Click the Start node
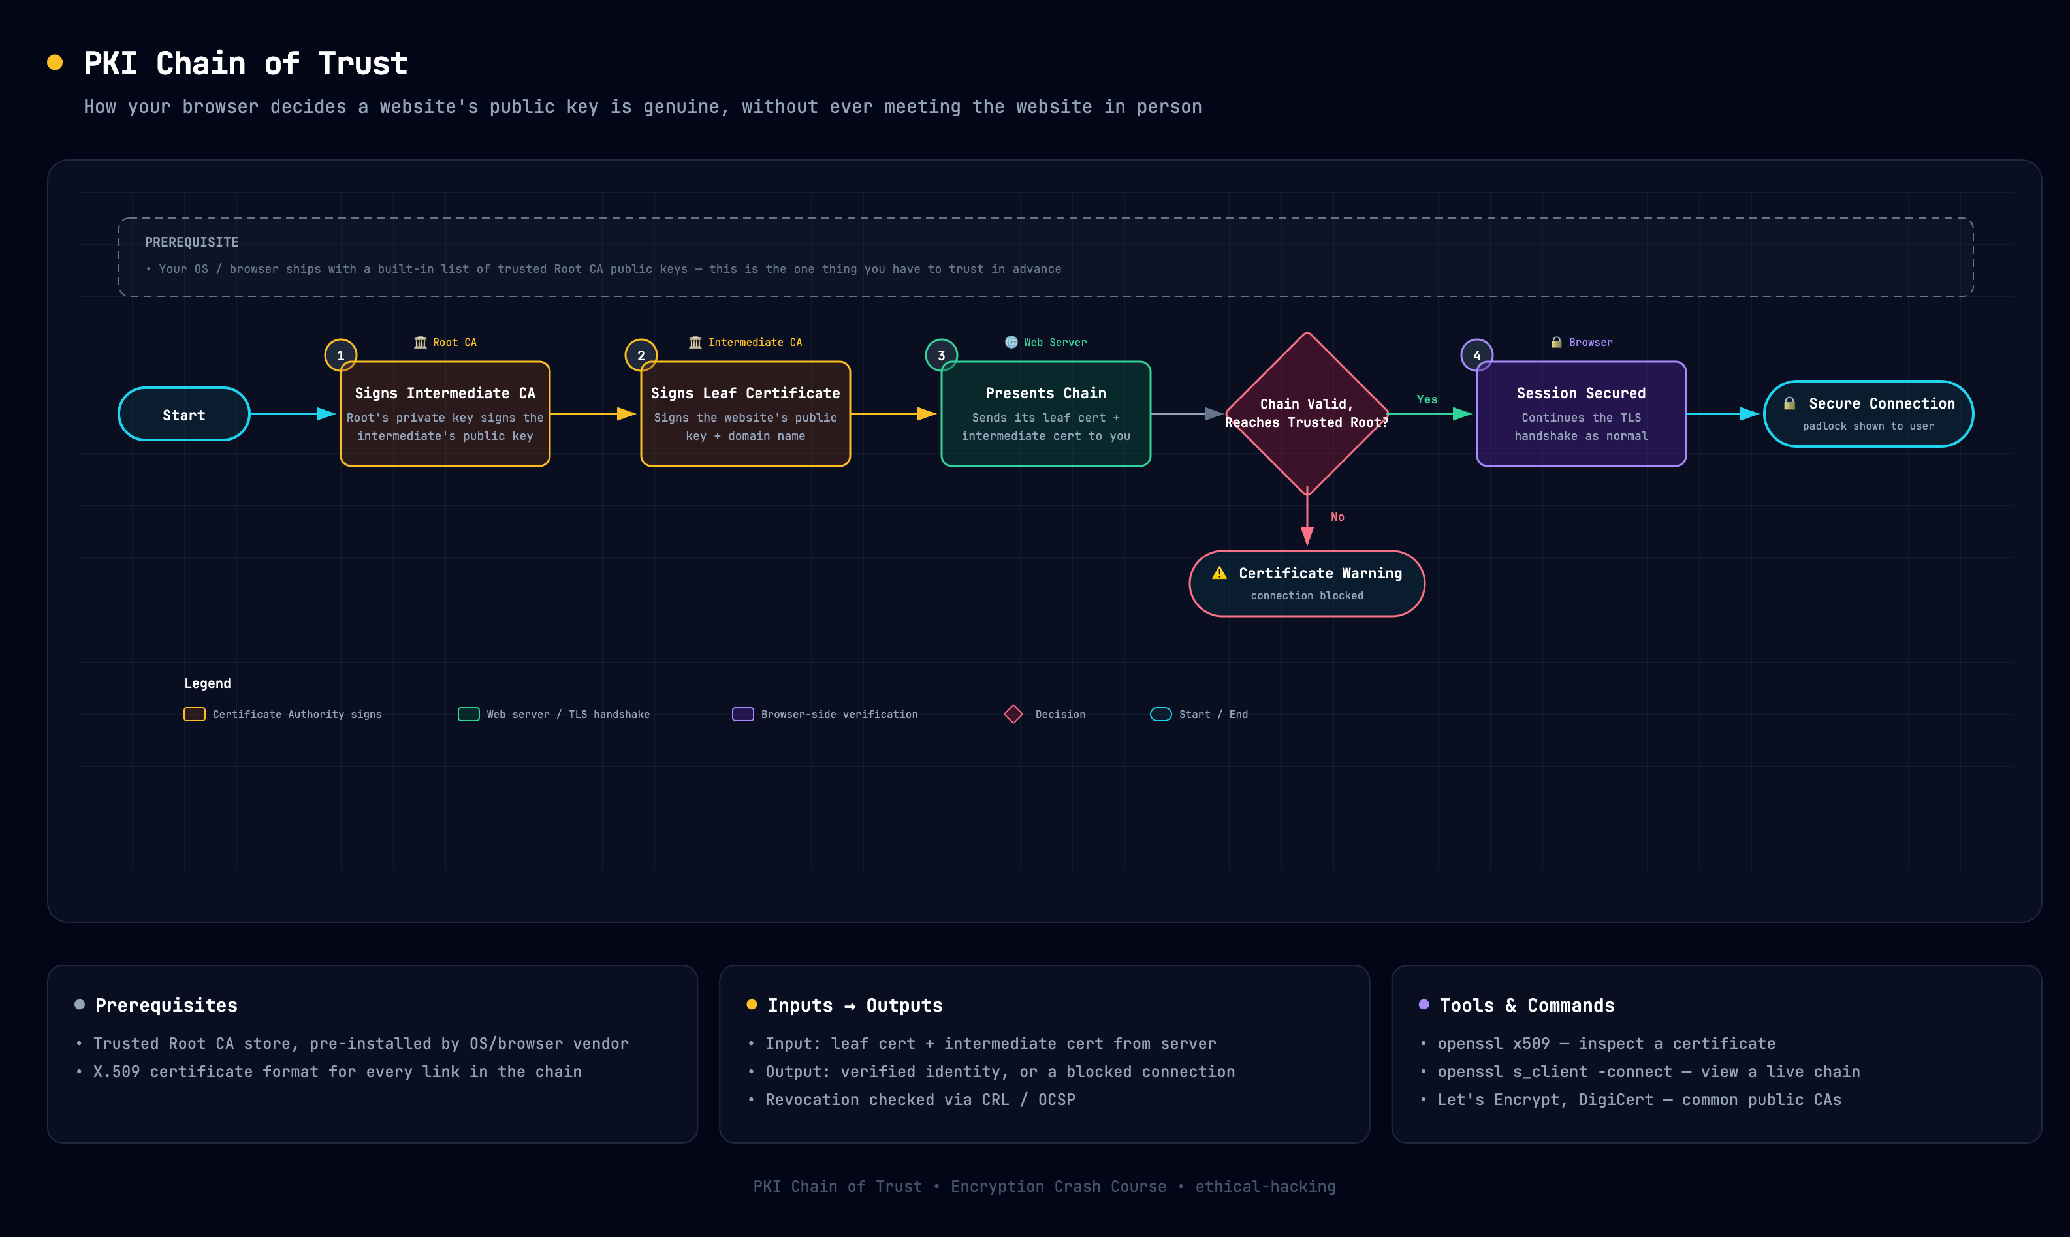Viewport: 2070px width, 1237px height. coord(183,415)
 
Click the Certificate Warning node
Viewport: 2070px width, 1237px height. coord(1307,584)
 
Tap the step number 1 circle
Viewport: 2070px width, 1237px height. coord(340,355)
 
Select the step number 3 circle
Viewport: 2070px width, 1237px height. coord(941,355)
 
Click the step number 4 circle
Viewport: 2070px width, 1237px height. coord(1476,355)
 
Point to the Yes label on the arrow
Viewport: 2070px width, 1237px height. coord(1427,399)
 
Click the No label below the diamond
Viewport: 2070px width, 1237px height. coord(1337,517)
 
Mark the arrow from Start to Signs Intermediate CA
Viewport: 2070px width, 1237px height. coord(293,413)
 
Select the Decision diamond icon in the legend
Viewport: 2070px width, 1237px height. coord(1013,714)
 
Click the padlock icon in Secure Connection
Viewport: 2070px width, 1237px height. coord(1789,403)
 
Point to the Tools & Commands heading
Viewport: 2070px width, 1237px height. coord(1527,1005)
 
